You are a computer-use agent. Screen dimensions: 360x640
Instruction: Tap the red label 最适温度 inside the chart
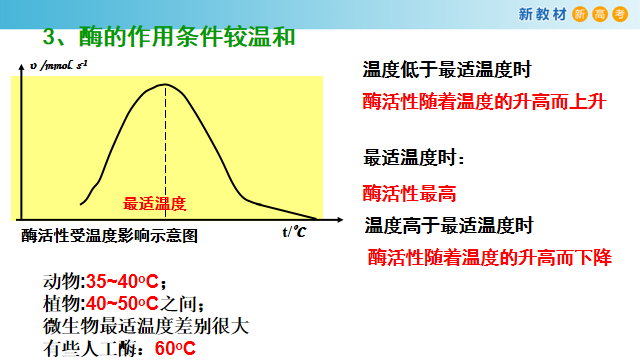pyautogui.click(x=155, y=203)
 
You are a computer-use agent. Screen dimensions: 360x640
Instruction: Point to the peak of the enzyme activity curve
pyautogui.click(x=165, y=86)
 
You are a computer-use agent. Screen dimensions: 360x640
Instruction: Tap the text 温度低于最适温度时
pyautogui.click(x=446, y=71)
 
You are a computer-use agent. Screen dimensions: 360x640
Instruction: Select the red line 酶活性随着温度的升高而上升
pyautogui.click(x=485, y=102)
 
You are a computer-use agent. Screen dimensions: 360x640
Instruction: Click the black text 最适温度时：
pyautogui.click(x=414, y=158)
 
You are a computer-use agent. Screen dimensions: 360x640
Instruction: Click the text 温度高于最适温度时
pyautogui.click(x=448, y=225)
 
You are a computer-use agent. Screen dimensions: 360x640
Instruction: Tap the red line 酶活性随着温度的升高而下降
pyautogui.click(x=489, y=257)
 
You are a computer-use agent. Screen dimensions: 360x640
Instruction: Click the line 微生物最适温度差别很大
pyautogui.click(x=145, y=326)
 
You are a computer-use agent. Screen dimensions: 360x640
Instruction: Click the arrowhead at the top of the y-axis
pyautogui.click(x=21, y=66)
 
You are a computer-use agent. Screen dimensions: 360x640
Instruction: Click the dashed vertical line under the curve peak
pyautogui.click(x=165, y=150)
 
